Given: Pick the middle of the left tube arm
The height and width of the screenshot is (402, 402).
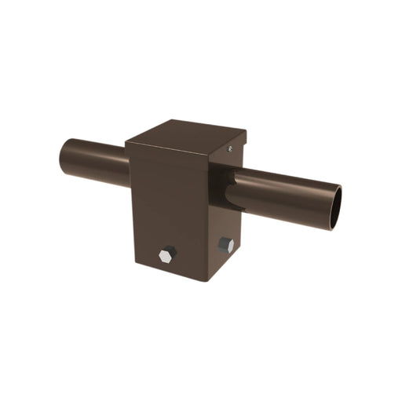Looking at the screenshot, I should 94,155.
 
